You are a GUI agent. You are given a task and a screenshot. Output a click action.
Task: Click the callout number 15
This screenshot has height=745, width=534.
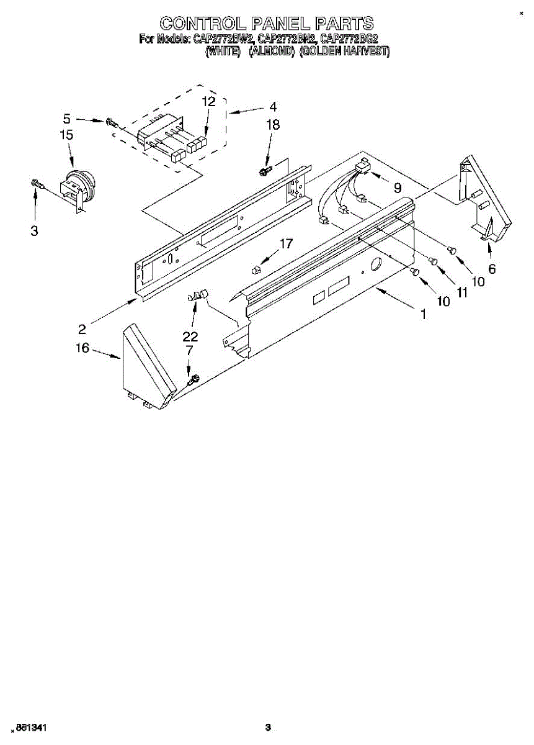66,134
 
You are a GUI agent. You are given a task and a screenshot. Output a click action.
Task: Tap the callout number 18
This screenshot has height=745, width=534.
273,125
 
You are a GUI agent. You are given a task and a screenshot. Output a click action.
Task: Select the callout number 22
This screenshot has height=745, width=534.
190,336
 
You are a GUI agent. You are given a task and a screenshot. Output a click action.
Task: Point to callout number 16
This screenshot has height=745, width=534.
82,348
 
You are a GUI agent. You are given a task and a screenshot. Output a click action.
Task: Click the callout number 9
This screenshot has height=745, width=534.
397,187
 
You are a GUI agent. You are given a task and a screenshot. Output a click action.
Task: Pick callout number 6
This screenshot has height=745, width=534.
492,269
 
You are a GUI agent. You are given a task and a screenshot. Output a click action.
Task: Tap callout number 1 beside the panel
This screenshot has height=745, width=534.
423,314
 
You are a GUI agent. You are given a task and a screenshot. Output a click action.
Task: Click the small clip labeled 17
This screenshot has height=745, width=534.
256,269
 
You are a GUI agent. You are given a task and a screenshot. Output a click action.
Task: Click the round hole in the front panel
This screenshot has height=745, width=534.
375,267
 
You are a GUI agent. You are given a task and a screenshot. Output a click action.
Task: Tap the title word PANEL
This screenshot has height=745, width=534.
281,24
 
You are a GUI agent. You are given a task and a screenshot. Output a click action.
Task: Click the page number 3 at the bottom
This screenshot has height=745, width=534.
268,728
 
